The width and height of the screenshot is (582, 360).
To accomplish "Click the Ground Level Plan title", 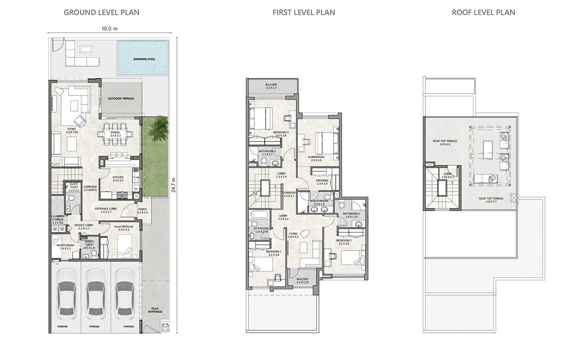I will click(x=101, y=12).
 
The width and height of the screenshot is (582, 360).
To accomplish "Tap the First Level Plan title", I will click(x=304, y=12).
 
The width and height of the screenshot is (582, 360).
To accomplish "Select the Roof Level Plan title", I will click(x=483, y=12).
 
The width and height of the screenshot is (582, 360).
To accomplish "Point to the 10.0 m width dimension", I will click(x=109, y=29).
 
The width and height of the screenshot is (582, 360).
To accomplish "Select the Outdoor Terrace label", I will click(x=121, y=98).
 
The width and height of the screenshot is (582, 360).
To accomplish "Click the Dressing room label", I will click(x=322, y=181).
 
